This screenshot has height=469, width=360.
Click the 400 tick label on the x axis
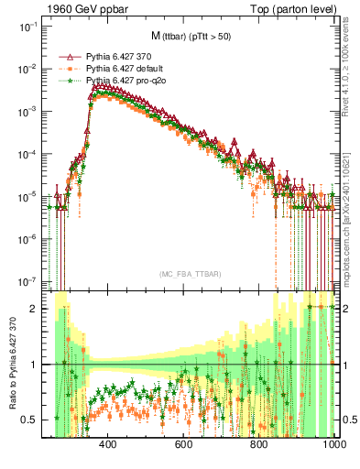pyautogui.click(x=107, y=444)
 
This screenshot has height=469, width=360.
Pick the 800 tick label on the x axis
pyautogui.click(x=259, y=444)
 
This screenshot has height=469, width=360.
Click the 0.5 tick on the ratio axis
pyautogui.click(x=40, y=420)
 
